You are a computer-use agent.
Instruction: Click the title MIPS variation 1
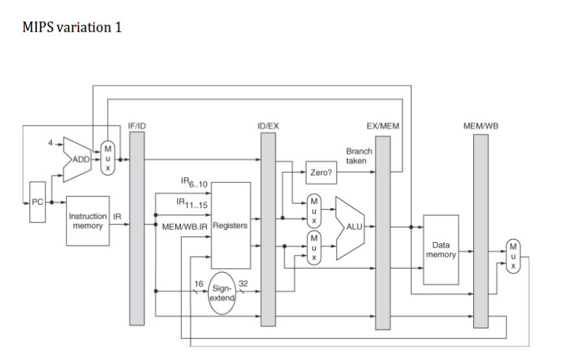click(x=72, y=28)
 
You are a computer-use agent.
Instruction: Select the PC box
click(x=38, y=202)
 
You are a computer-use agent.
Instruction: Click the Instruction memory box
click(x=88, y=221)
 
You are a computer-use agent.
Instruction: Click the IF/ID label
click(x=137, y=126)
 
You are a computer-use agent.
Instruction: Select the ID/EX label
click(x=268, y=126)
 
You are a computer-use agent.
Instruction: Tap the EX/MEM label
click(x=383, y=126)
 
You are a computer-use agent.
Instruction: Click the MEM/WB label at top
click(x=480, y=126)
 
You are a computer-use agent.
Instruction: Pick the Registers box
click(x=231, y=226)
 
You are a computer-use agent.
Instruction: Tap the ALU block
click(x=350, y=227)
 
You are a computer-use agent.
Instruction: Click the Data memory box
click(x=441, y=250)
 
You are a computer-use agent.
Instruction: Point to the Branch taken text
click(x=359, y=156)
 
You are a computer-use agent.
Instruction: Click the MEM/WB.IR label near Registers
click(x=185, y=226)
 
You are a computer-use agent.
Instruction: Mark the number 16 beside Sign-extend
click(x=199, y=283)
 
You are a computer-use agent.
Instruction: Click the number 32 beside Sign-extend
click(x=244, y=283)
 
